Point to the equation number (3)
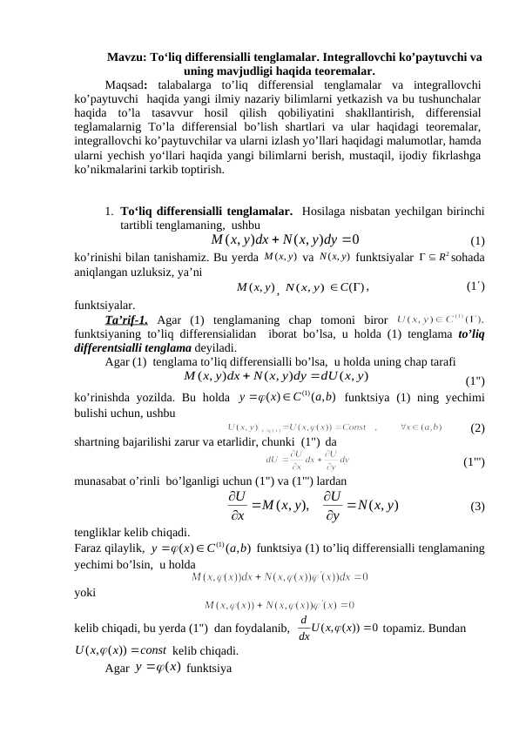click(x=477, y=507)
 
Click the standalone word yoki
click(x=86, y=591)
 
